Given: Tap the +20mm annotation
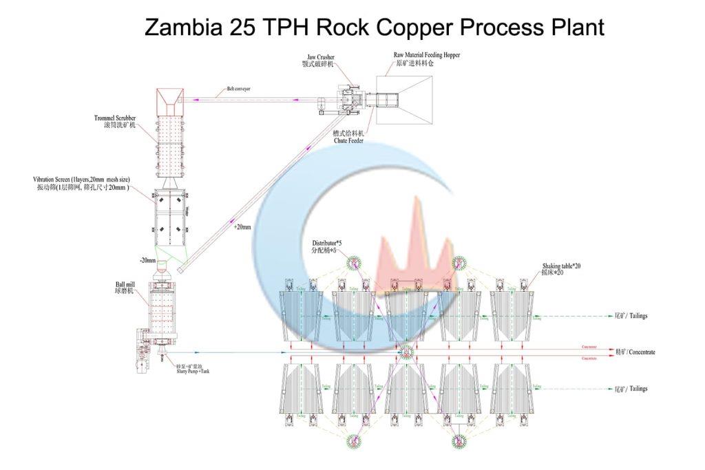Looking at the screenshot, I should pos(242,226).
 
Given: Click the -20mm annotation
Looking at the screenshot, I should pos(147,260).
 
